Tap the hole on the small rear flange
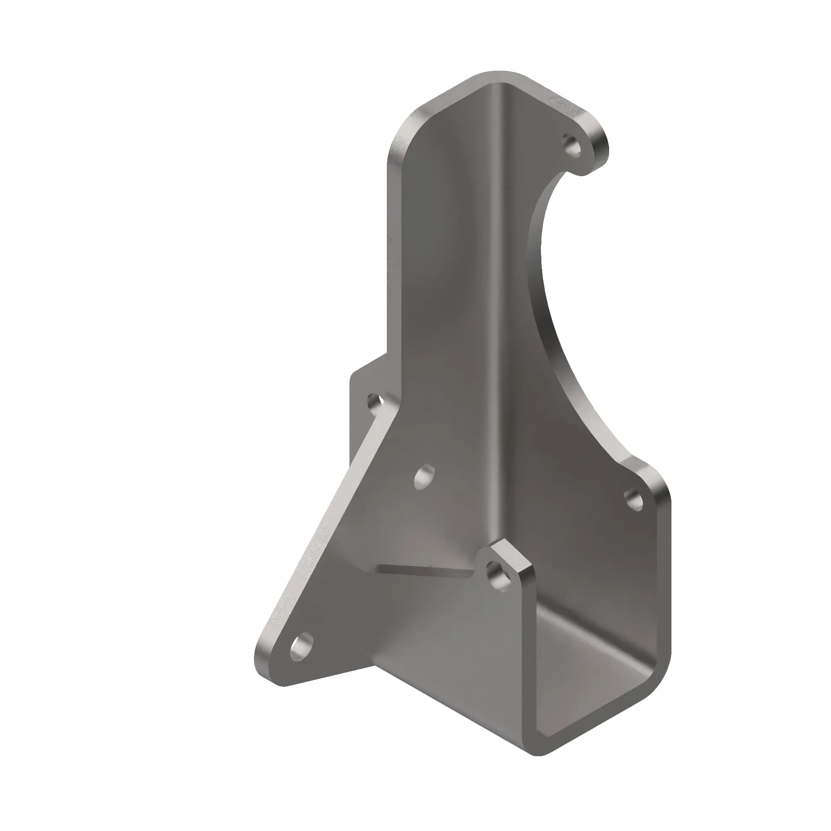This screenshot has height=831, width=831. (376, 403)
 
